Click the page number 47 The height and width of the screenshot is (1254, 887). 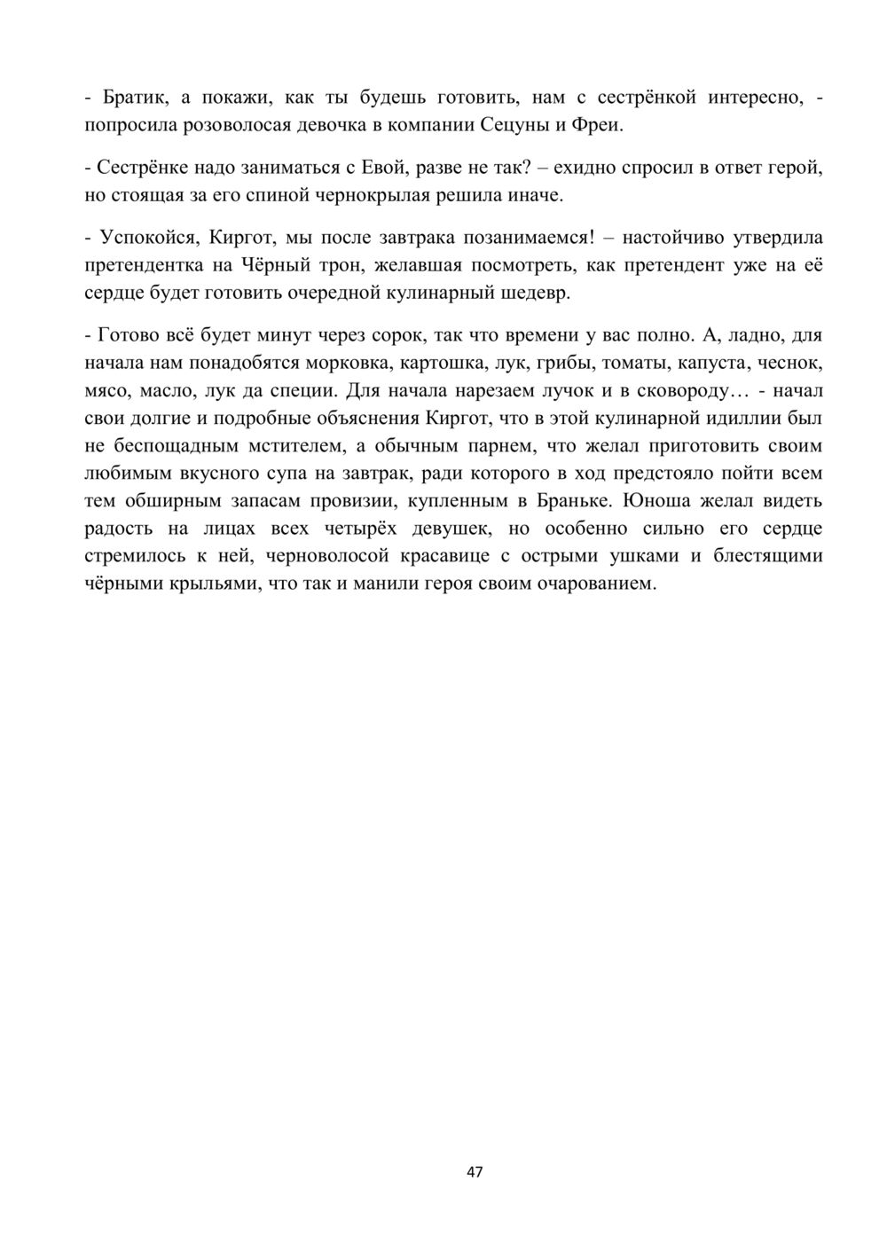point(475,1172)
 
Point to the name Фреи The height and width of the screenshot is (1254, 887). point(599,124)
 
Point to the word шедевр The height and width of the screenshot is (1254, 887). point(536,293)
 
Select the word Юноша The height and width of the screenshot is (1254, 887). point(655,500)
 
